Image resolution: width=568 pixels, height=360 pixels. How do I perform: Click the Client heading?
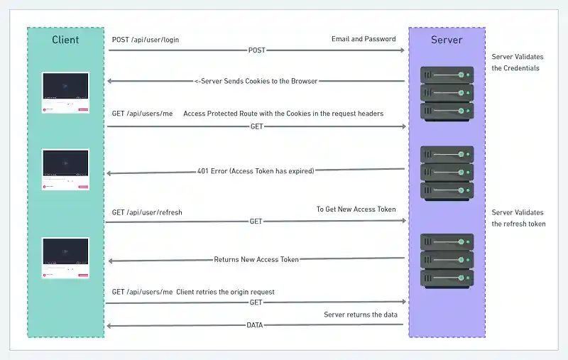click(65, 40)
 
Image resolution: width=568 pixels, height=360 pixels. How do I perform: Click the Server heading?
click(447, 40)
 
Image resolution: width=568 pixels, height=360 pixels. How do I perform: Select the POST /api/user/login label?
click(146, 40)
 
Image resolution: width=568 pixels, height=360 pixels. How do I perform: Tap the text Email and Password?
click(364, 39)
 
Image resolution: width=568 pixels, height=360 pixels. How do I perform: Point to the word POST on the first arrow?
click(256, 50)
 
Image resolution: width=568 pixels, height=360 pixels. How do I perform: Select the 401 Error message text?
click(256, 171)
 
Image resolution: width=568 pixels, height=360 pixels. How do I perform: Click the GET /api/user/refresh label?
click(147, 212)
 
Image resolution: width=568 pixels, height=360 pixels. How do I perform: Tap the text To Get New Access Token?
click(356, 209)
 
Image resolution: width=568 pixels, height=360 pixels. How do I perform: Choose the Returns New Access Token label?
click(256, 260)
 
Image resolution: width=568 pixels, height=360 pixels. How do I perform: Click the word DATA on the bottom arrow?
click(255, 326)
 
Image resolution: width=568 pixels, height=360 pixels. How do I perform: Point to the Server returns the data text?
click(361, 315)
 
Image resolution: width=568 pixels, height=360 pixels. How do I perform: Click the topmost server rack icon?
click(447, 92)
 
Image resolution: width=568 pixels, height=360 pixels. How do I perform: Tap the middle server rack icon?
click(447, 173)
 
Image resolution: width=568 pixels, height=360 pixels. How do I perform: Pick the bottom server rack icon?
click(447, 260)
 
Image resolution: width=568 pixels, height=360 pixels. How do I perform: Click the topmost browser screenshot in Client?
click(65, 92)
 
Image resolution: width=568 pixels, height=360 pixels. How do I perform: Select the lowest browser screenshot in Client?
click(65, 258)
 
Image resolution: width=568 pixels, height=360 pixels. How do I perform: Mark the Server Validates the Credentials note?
click(515, 62)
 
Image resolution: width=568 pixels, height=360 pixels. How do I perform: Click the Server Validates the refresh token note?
click(518, 218)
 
